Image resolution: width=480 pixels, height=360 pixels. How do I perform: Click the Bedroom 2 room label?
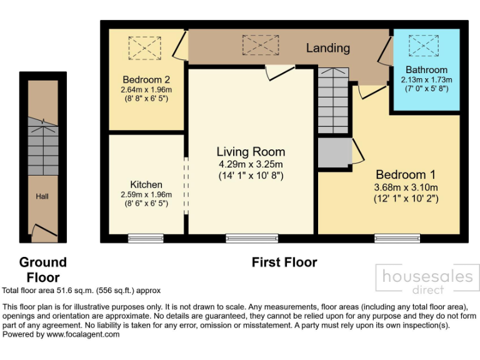(146, 80)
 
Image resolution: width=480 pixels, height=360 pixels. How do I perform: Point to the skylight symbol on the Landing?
(260, 44)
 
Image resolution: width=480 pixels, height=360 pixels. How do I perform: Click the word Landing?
(327, 47)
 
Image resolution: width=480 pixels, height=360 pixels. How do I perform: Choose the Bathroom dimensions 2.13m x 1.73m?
(426, 79)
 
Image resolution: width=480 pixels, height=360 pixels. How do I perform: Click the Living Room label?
(251, 152)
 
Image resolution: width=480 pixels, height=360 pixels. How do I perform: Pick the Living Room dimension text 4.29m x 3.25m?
(251, 164)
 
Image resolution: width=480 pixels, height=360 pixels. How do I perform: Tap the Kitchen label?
(146, 184)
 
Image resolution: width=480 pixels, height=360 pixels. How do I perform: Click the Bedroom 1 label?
(405, 175)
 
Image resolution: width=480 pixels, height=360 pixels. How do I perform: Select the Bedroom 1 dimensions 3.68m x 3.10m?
(406, 187)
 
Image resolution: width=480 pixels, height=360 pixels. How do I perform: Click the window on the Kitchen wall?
(146, 237)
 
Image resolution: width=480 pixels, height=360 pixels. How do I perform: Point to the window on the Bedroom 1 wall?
(397, 237)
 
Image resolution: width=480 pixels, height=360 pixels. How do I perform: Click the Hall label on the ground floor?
(42, 196)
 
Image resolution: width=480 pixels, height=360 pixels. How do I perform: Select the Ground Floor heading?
(42, 269)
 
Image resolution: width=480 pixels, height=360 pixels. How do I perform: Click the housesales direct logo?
(427, 279)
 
